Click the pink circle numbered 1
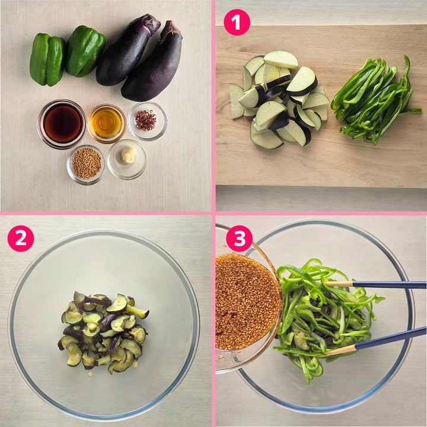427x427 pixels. [237, 23]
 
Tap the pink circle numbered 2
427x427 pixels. [21, 238]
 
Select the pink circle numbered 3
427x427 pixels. [239, 238]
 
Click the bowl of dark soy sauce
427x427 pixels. [62, 124]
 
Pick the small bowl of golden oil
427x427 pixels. [107, 123]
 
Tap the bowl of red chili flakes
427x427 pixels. [147, 121]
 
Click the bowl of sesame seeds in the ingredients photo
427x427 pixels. [86, 164]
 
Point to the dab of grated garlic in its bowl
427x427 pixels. [129, 155]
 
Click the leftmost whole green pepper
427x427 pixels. [47, 59]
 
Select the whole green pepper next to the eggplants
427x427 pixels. [85, 51]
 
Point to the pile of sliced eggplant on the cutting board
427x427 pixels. [279, 100]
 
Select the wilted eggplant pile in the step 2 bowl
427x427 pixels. [103, 333]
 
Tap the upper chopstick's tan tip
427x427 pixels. [339, 283]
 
